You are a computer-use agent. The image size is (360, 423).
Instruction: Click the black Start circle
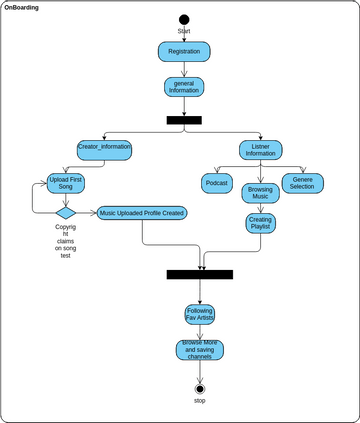(184, 19)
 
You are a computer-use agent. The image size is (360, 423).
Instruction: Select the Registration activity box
(184, 50)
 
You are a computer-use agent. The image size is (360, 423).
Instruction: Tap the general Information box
(184, 86)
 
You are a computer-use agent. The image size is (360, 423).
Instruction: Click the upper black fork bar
(184, 120)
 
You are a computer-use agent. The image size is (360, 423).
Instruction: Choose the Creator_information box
(104, 149)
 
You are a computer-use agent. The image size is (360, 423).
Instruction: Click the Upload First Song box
(66, 183)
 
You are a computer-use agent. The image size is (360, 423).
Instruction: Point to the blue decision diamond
(66, 212)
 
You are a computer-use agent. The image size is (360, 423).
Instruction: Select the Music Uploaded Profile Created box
(142, 212)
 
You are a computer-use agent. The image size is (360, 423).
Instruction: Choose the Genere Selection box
(301, 183)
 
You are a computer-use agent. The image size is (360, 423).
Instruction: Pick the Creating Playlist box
(261, 224)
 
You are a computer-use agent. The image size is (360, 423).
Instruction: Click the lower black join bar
(200, 274)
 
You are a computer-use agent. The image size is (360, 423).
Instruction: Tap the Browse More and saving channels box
(200, 350)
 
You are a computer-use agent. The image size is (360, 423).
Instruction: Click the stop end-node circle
(200, 388)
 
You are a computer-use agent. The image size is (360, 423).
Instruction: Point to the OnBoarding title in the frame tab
(22, 6)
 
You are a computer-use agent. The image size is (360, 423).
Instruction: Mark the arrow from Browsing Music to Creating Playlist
(261, 207)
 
